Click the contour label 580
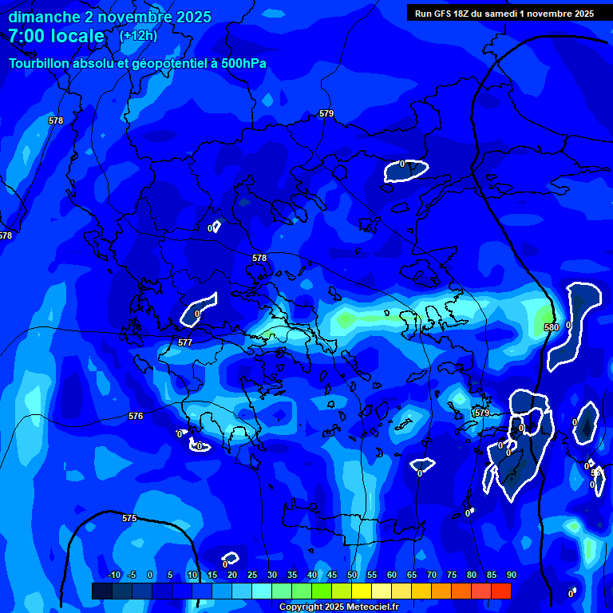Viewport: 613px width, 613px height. [x=552, y=327]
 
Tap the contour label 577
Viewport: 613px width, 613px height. [x=185, y=342]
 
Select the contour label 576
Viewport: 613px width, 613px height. [x=136, y=417]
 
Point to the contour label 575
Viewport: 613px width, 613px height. [x=129, y=518]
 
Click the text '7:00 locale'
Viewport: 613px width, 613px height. [x=56, y=36]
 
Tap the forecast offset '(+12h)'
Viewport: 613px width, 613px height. [x=138, y=36]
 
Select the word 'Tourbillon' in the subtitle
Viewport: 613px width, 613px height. [x=40, y=63]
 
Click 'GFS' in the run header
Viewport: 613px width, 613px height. [x=445, y=14]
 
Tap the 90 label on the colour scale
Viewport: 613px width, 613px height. [x=511, y=575]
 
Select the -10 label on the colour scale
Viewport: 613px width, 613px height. [x=113, y=575]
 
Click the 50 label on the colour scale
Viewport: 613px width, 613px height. [x=353, y=575]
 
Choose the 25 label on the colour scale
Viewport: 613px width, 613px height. [x=252, y=575]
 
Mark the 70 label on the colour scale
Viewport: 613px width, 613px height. [x=432, y=575]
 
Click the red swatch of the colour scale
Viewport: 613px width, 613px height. [x=500, y=591]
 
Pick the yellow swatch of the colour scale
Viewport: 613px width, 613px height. [x=362, y=591]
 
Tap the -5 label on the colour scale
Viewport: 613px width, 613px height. [x=132, y=575]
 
